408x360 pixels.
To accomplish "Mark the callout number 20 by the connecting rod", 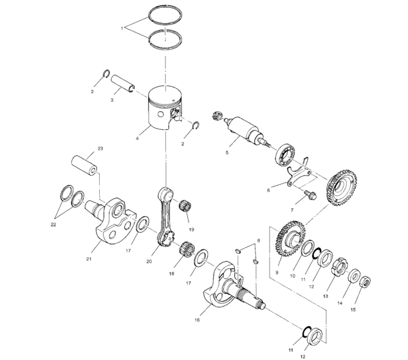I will pos(149,262).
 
